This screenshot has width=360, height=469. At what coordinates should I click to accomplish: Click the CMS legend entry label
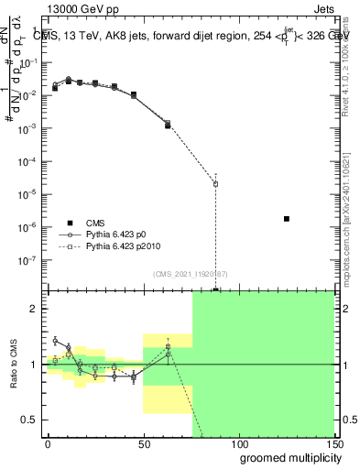point(94,223)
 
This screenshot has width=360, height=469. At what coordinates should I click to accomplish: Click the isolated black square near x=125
point(287,219)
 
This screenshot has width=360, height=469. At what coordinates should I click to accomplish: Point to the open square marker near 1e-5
point(215,184)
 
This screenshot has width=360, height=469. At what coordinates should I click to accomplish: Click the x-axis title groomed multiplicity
point(285,457)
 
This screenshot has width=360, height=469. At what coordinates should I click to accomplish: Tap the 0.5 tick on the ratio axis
point(30,420)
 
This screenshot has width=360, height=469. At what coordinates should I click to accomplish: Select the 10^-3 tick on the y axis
point(27,129)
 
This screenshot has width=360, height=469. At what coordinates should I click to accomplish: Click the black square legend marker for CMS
point(69,223)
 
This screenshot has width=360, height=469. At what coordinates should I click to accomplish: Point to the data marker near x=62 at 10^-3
point(168,125)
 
